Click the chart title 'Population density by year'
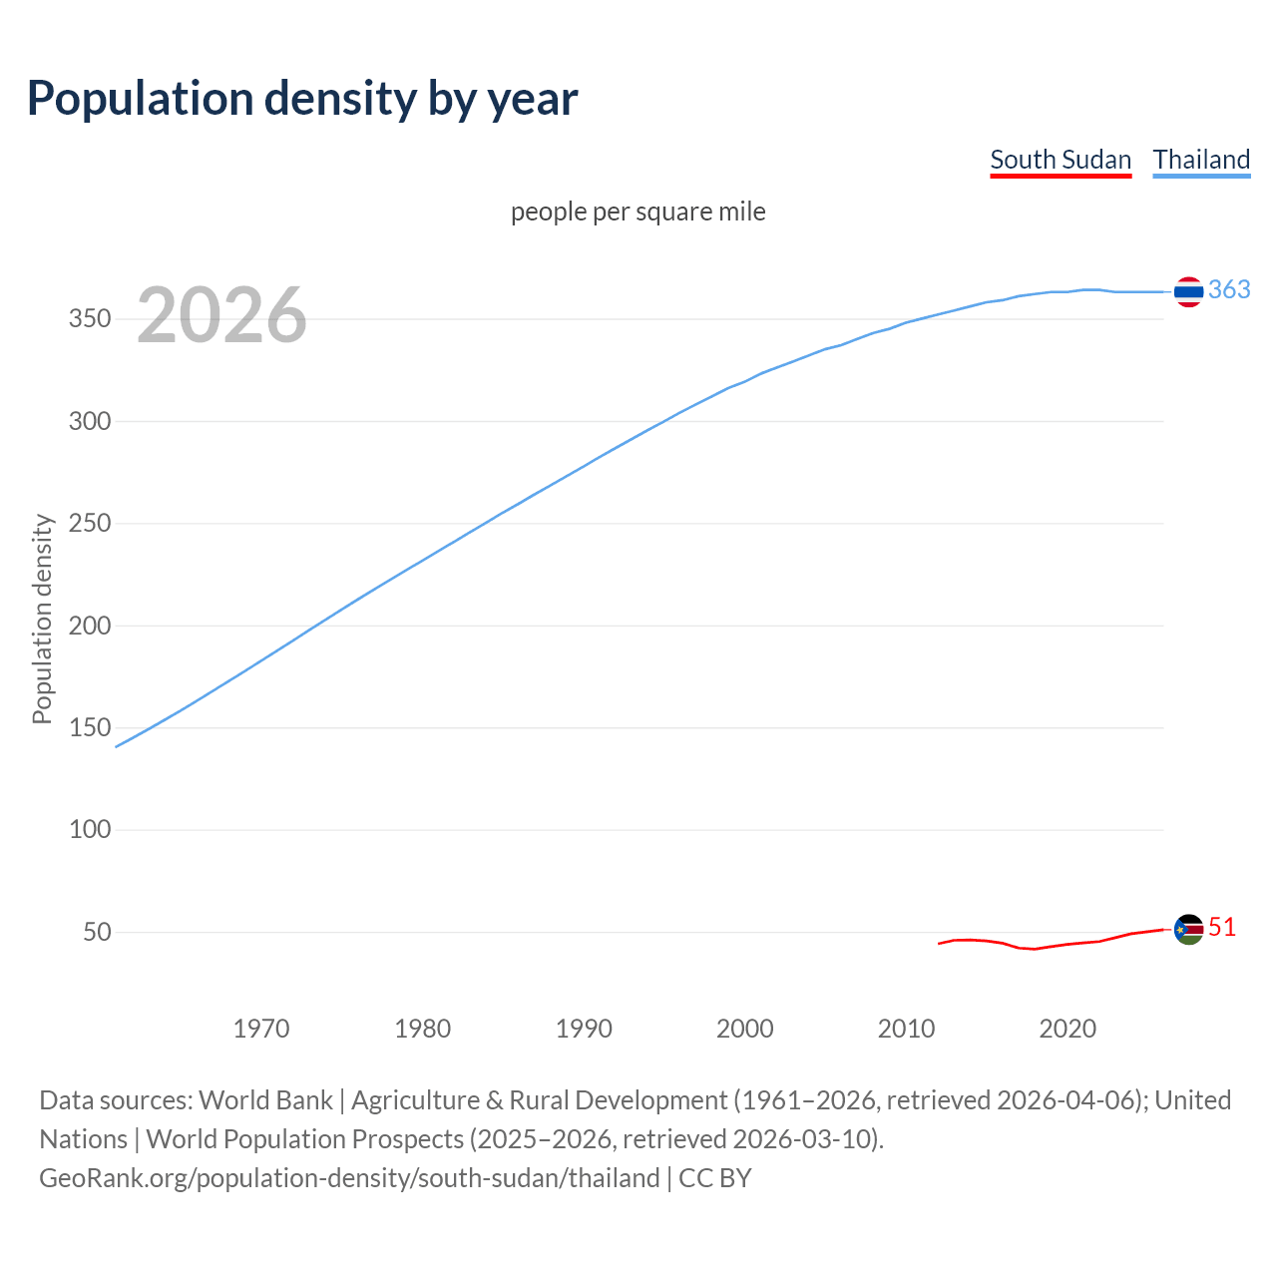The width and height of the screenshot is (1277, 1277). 302,99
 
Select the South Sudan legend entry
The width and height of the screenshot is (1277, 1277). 1060,160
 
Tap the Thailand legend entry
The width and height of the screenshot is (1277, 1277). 1201,160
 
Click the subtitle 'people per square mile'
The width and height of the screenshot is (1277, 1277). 638,212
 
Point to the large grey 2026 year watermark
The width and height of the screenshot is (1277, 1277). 221,315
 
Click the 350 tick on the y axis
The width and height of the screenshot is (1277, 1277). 90,319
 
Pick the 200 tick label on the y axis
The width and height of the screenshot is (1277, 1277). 90,626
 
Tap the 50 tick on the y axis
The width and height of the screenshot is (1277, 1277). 97,932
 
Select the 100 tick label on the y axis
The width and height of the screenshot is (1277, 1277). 90,829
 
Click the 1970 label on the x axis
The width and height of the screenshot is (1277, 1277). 261,1029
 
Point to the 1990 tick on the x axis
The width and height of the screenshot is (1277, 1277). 584,1029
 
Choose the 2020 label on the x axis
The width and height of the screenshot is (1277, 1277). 1067,1029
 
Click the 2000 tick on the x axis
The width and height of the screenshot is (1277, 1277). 745,1029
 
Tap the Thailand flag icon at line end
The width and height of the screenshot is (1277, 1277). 1188,291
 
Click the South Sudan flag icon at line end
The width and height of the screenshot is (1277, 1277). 1188,929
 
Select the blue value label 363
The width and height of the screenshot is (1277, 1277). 1229,289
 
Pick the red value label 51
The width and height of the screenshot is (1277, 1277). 1222,927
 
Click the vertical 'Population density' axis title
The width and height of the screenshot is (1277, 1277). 42,619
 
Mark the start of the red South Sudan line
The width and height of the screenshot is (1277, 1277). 940,943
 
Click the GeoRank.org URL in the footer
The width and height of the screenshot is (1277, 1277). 349,1178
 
